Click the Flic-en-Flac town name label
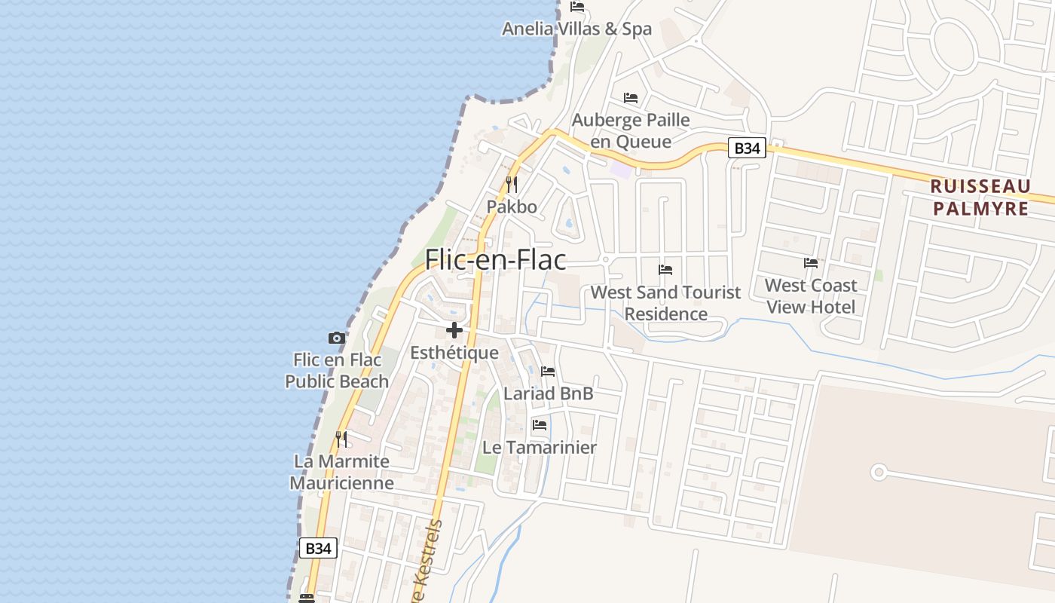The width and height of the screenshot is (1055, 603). tap(495, 260)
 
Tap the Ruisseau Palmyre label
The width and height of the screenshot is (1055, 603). tap(980, 197)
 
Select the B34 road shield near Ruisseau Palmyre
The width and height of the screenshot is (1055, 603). tap(747, 148)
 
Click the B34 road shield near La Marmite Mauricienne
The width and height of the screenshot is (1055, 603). tap(318, 548)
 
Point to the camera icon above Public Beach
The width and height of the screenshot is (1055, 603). tap(337, 338)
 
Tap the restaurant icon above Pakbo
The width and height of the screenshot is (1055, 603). tap(512, 184)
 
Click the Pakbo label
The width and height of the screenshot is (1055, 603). tap(512, 207)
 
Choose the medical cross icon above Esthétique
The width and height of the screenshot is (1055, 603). tap(454, 330)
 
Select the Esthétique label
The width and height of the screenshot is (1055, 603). tap(454, 353)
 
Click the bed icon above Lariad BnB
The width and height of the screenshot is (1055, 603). tap(548, 372)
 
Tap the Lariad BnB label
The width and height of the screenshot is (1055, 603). tap(548, 393)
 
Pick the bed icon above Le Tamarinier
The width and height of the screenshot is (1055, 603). tap(540, 425)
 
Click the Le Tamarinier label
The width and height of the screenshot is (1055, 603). tap(540, 448)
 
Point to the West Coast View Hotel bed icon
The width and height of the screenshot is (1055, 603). tap(811, 263)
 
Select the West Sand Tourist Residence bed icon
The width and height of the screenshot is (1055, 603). tap(665, 269)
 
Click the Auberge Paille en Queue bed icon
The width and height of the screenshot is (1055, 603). tap(631, 98)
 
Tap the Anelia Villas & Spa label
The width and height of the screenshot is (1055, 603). tap(576, 29)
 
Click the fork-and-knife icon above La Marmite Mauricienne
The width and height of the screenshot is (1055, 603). tap(341, 439)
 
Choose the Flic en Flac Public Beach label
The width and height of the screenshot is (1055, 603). tap(337, 371)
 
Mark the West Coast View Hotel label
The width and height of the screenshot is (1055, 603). tap(811, 296)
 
